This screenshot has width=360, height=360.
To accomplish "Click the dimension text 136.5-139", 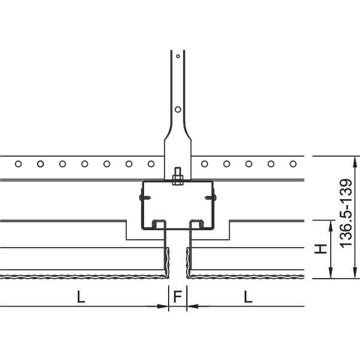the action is (346, 213).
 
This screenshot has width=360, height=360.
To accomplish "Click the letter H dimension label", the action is (321, 249).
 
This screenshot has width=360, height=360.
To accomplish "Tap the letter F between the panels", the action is (178, 297).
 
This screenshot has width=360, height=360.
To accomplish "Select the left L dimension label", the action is (81, 297).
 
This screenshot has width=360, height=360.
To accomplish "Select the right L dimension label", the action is (248, 297).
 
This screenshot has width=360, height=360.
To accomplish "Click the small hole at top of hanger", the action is (178, 56).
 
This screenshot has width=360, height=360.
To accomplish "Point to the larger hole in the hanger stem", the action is (178, 109).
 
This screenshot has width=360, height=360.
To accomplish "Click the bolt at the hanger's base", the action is (178, 176).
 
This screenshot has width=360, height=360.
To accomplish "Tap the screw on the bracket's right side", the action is (210, 197).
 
